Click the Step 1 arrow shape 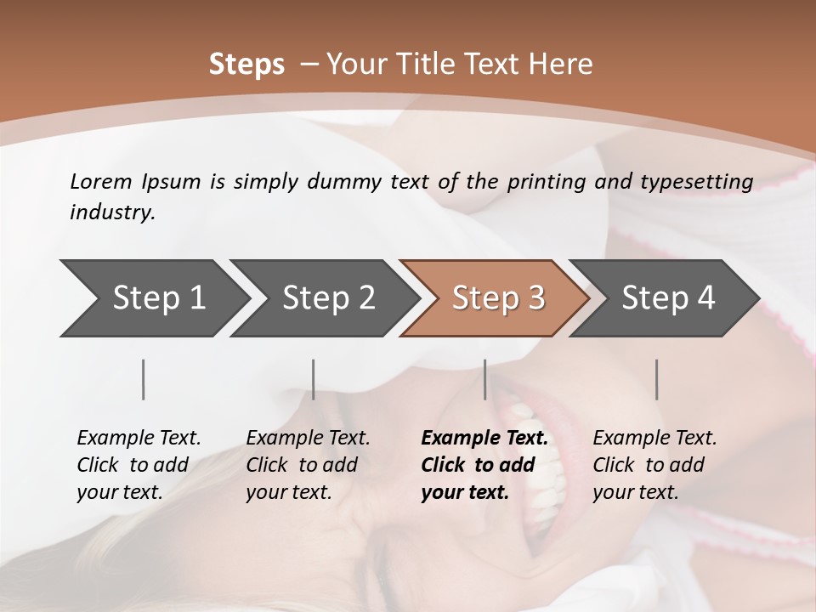[153, 298]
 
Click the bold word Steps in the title [246, 65]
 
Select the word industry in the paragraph [111, 212]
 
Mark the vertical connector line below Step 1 [144, 379]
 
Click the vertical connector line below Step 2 [314, 379]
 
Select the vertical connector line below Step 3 [484, 379]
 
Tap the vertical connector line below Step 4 [656, 379]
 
